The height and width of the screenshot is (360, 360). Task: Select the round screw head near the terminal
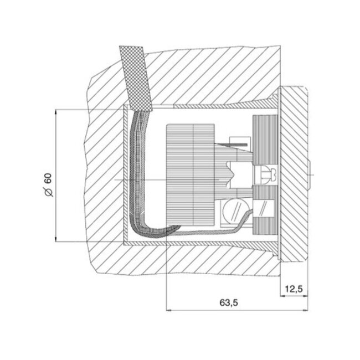(x=233, y=211)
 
